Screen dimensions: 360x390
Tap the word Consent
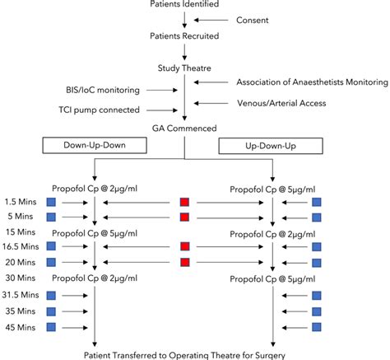coord(253,19)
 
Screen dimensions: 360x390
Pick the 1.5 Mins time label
coord(21,202)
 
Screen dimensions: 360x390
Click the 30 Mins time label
coord(18,276)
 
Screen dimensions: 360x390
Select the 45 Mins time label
coord(18,328)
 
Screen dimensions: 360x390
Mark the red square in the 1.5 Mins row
coord(185,202)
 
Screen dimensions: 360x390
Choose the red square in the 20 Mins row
coord(185,262)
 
